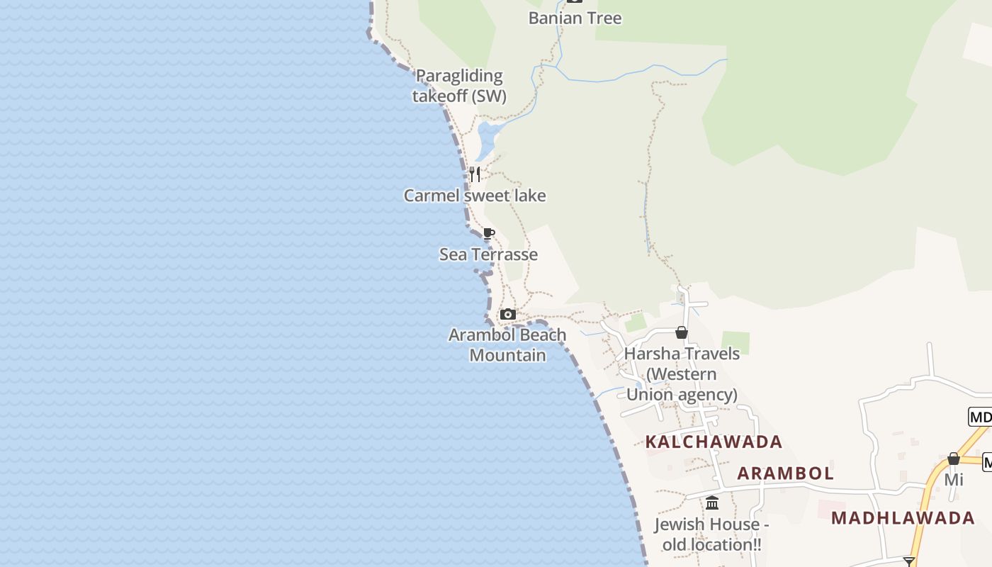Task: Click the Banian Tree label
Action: click(x=575, y=18)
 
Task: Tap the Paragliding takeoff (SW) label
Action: click(x=459, y=86)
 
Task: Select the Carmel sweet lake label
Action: click(x=475, y=196)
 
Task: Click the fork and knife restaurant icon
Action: click(x=475, y=174)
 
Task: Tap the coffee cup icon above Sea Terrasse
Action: click(x=488, y=233)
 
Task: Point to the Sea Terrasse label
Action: click(x=488, y=254)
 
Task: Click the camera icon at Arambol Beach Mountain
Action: click(x=507, y=314)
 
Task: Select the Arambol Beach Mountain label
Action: click(x=507, y=344)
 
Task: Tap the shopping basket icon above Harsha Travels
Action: click(x=682, y=332)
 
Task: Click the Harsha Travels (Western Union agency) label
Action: click(x=682, y=374)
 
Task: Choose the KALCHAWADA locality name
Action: click(x=714, y=442)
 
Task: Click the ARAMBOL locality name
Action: click(x=785, y=473)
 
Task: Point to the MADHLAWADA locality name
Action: click(x=903, y=517)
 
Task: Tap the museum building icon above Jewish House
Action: click(x=712, y=503)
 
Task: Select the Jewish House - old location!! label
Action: click(x=711, y=534)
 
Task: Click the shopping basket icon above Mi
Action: click(x=954, y=459)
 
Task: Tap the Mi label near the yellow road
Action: click(x=954, y=480)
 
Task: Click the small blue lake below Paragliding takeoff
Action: click(x=487, y=138)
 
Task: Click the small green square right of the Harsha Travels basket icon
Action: click(x=735, y=342)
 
